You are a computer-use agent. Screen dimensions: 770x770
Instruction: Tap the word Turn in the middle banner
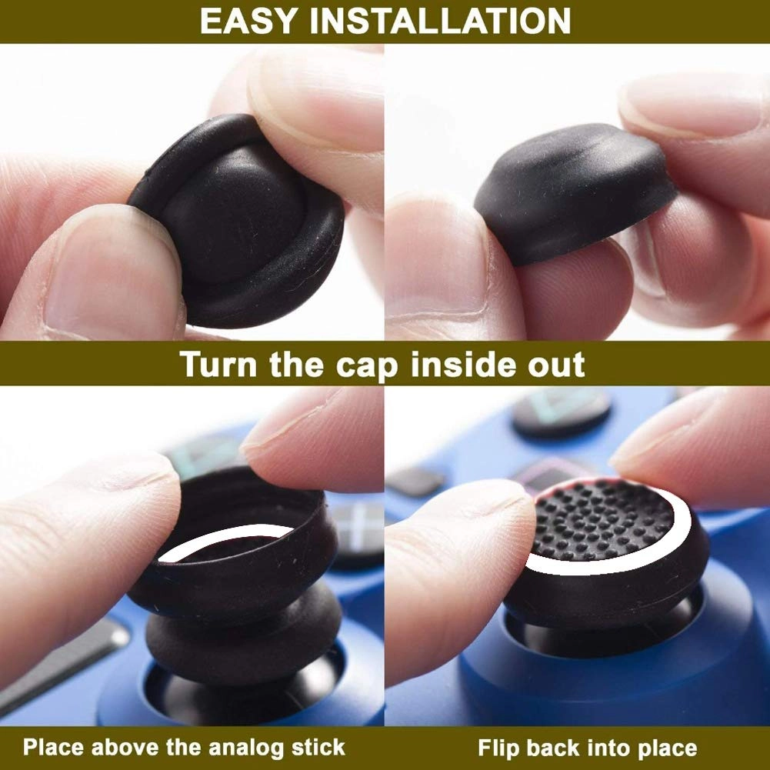point(220,364)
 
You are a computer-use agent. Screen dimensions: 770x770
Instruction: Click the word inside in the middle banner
point(462,364)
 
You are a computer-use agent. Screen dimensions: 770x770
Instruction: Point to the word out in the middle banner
point(555,364)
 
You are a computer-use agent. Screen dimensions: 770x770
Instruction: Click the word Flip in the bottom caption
point(497,747)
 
